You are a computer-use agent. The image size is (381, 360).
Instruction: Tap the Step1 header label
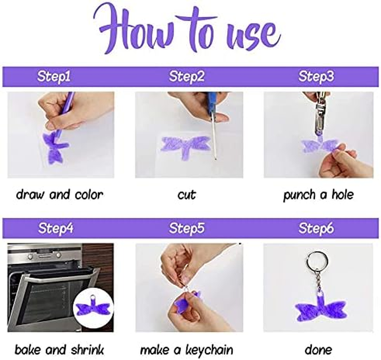54,76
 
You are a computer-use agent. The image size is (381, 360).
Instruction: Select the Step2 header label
186,76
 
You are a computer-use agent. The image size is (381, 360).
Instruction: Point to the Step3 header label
316,76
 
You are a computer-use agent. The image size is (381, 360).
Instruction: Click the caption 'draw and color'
59,195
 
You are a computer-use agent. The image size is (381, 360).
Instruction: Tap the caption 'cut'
186,195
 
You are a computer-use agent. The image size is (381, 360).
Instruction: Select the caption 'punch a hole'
318,195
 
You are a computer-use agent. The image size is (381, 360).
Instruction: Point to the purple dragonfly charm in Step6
320,309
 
